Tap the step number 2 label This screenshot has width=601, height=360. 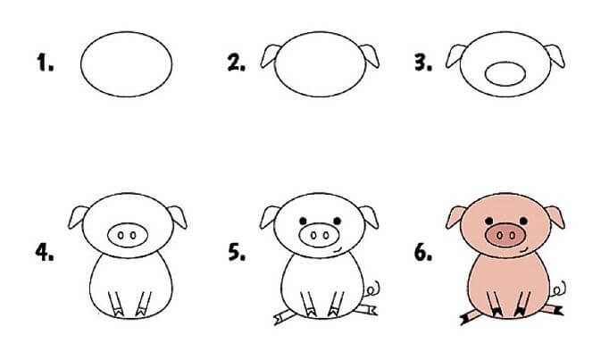(236, 64)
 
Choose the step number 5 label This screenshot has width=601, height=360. (236, 253)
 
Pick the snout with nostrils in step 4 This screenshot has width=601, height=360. (125, 234)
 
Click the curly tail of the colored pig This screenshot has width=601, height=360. (561, 289)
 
